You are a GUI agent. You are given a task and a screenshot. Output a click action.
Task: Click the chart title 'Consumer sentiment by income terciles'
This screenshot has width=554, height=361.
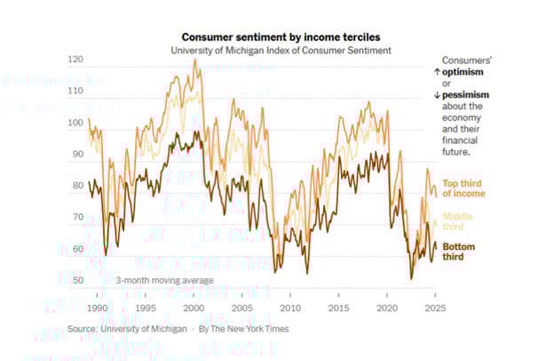point(281,37)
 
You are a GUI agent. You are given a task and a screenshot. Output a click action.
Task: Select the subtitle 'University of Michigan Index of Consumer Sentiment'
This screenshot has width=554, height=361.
point(281,52)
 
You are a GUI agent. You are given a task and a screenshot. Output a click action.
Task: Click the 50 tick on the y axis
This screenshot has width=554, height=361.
point(77,280)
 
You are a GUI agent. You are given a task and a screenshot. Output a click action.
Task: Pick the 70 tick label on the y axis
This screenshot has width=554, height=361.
point(77,217)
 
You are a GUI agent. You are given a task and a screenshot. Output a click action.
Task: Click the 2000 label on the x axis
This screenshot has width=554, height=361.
point(194,307)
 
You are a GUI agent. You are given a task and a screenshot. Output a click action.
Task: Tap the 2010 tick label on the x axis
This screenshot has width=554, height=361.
point(290,307)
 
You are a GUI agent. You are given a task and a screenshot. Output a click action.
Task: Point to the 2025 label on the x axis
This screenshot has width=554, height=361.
point(435,307)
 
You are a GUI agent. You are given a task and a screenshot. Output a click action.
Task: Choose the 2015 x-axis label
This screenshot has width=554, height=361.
point(338,307)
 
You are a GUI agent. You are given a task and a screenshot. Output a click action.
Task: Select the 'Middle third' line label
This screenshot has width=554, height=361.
point(458,221)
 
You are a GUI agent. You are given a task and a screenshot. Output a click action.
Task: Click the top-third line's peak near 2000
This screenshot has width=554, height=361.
point(194,60)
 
